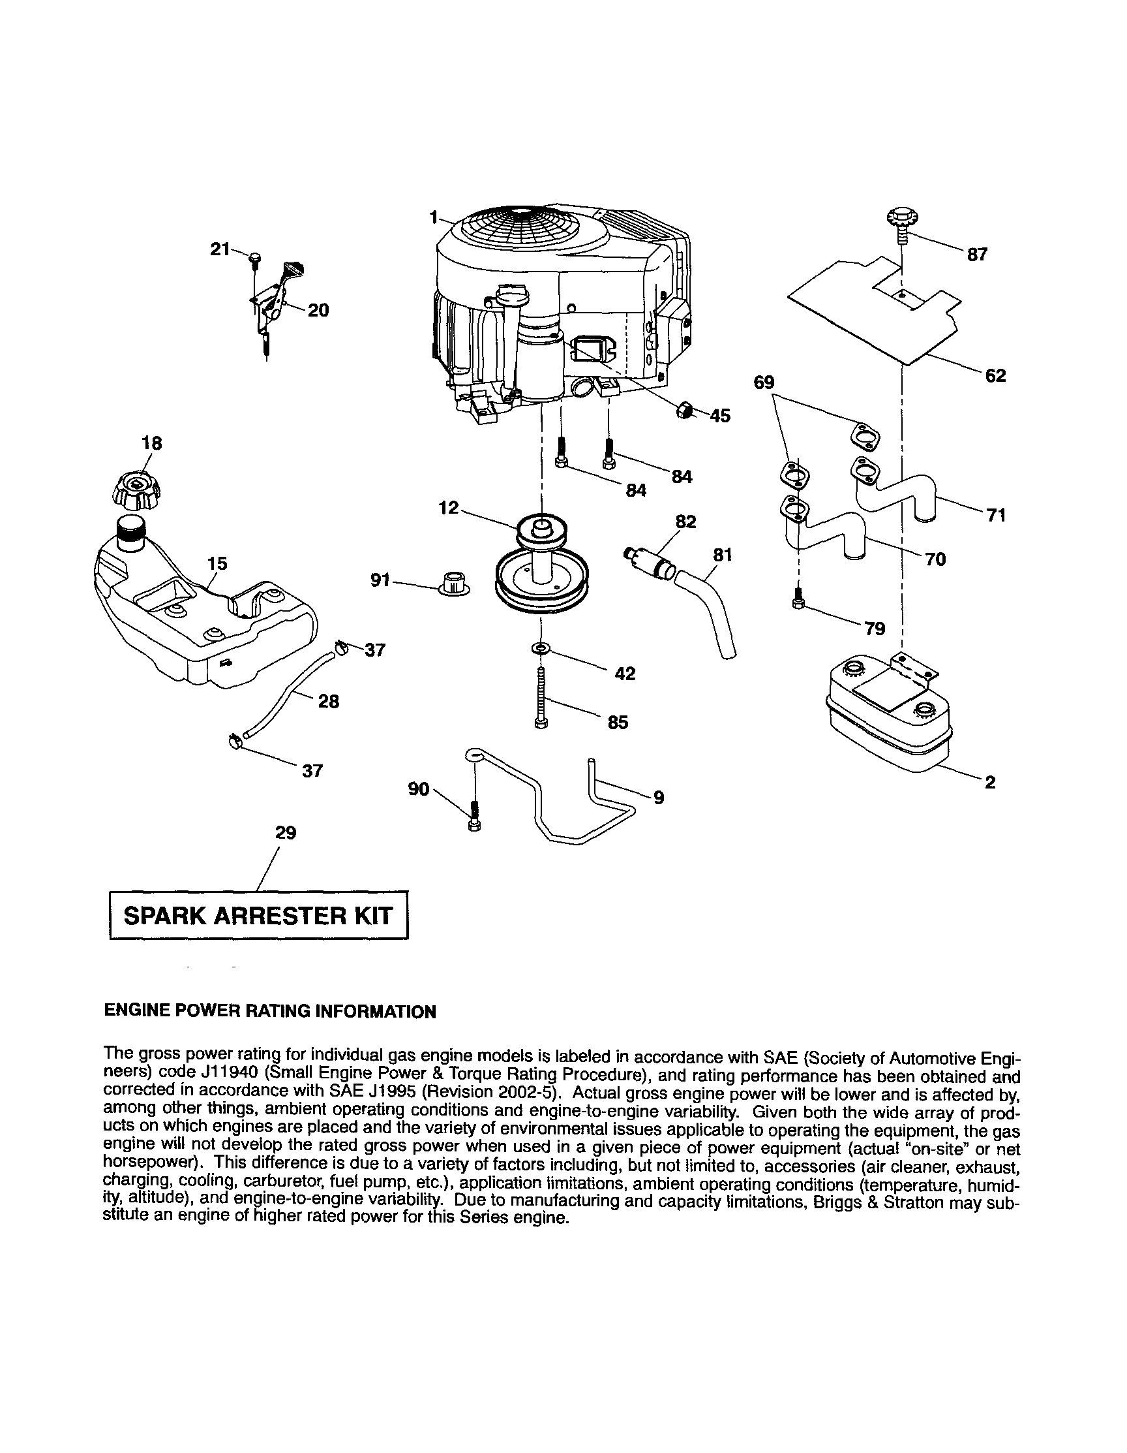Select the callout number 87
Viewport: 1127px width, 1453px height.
[977, 255]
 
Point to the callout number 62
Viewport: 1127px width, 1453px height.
[995, 375]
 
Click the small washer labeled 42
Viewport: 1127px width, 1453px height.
[541, 648]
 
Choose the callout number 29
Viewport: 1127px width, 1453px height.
[286, 833]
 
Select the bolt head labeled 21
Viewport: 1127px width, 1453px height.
[256, 257]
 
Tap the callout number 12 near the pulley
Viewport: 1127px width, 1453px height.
[449, 508]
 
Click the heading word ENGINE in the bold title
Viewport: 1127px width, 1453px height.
[136, 1012]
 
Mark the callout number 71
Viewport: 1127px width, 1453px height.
[996, 515]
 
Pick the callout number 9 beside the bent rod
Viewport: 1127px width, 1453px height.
[658, 797]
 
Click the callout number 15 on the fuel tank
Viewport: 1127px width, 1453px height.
[217, 563]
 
